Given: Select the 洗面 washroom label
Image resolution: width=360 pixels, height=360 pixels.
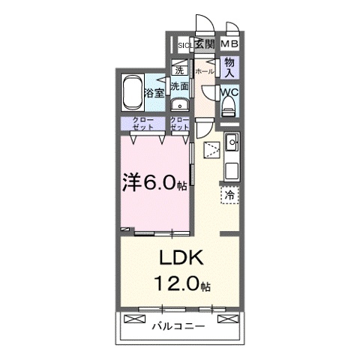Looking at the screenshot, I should coord(179,86).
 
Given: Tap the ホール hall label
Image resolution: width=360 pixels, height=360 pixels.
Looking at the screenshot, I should coord(204,72).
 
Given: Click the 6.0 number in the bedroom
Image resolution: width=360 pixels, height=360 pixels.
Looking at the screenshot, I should coord(163,183).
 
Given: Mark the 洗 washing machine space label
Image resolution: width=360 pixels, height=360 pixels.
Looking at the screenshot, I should coord(179,70).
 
